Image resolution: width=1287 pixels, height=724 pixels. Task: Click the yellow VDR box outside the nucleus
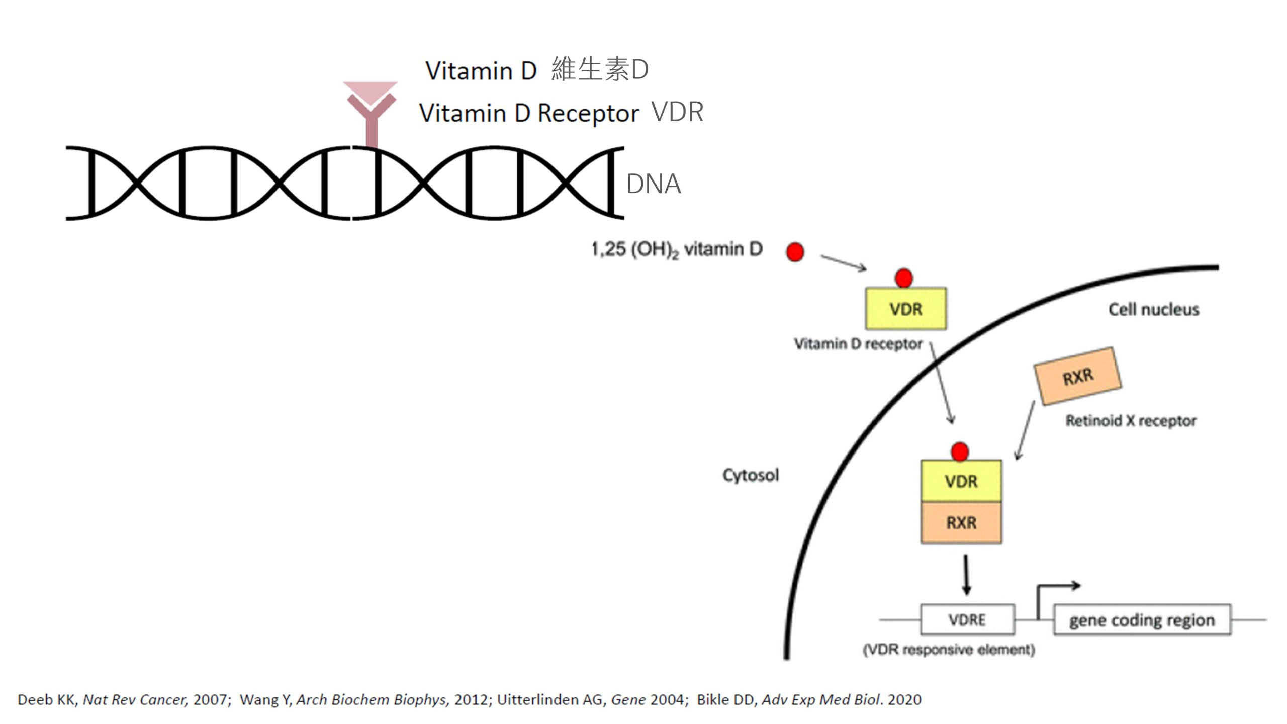click(905, 309)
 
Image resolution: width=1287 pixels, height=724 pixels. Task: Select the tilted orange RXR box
click(1077, 376)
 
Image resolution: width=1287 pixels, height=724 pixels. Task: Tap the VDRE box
click(967, 619)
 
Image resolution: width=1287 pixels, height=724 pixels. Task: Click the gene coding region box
click(1142, 620)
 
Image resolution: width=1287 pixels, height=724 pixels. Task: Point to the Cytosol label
click(751, 475)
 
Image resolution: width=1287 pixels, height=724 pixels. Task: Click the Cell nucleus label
click(1154, 309)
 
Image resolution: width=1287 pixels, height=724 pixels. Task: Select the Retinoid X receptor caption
click(1131, 420)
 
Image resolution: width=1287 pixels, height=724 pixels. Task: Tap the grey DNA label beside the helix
click(654, 184)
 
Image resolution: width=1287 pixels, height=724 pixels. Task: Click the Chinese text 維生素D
click(600, 69)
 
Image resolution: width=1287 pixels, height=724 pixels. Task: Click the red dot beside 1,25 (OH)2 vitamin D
click(795, 252)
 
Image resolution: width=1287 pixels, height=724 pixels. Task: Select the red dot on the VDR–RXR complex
click(960, 451)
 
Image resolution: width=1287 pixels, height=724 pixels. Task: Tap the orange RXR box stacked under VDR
click(961, 523)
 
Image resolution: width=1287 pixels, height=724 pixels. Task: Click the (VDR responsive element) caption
click(949, 650)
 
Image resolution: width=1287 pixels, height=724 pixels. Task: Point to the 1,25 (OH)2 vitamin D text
click(677, 249)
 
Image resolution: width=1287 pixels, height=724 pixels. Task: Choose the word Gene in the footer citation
click(628, 700)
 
